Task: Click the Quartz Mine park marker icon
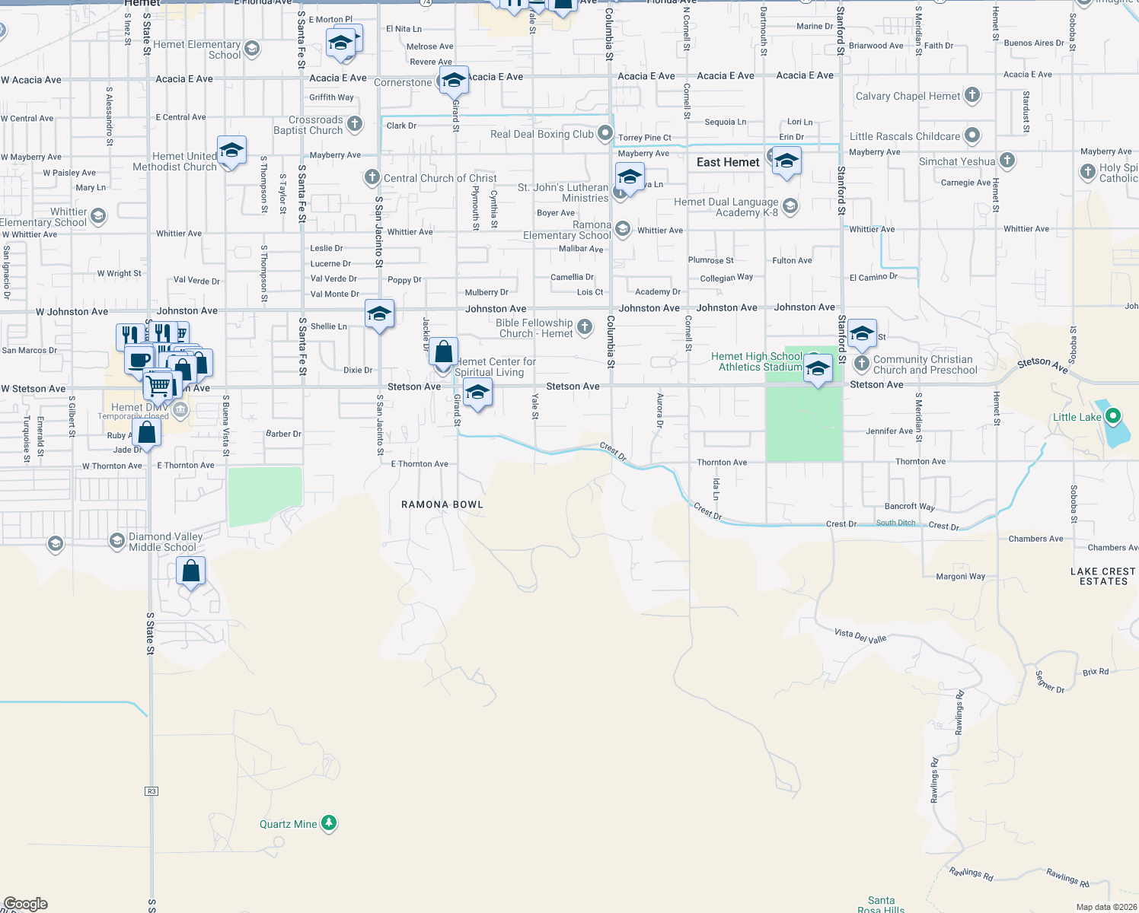329,823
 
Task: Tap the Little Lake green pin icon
1113,416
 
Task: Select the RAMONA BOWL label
442,504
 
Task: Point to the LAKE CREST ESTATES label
1102,576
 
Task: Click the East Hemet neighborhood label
728,162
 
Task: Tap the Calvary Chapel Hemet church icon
972,95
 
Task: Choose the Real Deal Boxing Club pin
605,133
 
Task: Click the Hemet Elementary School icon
252,49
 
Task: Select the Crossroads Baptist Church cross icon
355,124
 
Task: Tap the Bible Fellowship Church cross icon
585,327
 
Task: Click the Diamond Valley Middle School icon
116,541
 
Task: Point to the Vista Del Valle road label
860,636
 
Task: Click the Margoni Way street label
960,576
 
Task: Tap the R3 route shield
152,791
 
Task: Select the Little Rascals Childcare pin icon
972,135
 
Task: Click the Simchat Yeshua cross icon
1007,161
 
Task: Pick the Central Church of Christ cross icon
372,177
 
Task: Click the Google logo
26,903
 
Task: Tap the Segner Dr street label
1050,682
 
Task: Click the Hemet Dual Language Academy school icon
790,206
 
